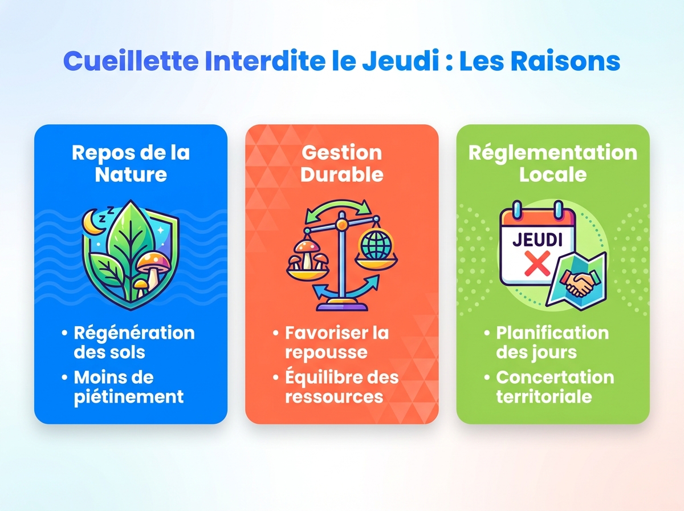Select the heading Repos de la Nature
coord(131,163)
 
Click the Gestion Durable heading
coord(341,163)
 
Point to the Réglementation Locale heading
coord(552,163)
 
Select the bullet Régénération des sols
coord(134,342)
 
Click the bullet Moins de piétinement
coord(128,387)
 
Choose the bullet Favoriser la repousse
coord(336,342)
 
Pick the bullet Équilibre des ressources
coord(341,387)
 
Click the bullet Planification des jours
coord(552,342)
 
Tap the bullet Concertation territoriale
coord(555,387)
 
